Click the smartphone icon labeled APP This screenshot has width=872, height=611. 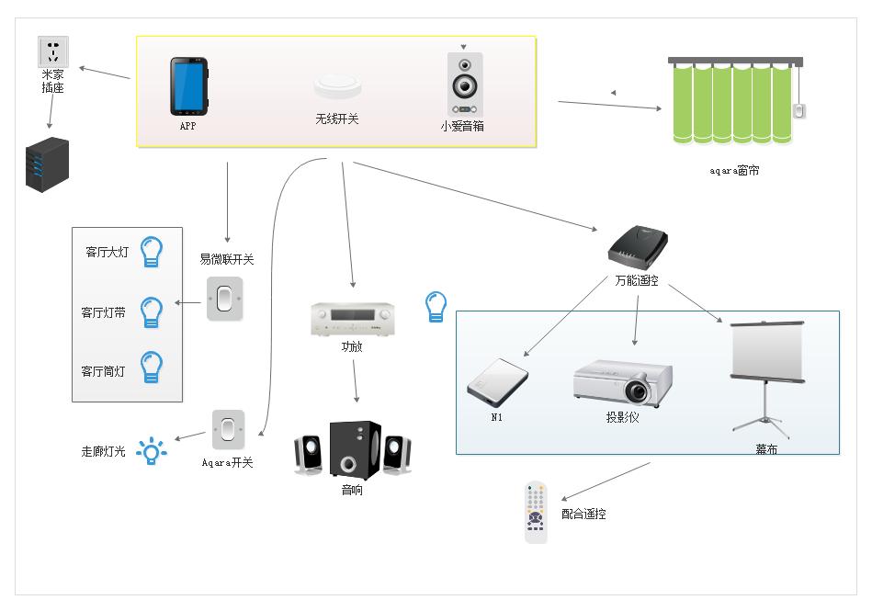pos(188,85)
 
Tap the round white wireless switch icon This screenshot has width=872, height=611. pos(336,85)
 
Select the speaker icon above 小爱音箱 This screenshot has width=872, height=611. pos(464,84)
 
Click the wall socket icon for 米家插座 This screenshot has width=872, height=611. pos(52,51)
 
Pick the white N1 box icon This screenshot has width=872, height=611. pos(497,381)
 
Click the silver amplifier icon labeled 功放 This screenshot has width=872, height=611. pos(350,321)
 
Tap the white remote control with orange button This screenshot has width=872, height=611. pos(536,512)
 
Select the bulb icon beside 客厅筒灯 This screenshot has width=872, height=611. pos(151,367)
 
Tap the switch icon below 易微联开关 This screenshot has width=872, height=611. pos(225,299)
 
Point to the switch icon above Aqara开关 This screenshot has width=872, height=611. pos(228,429)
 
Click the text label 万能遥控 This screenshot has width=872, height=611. pos(637,280)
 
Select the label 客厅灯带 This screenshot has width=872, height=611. pos(104,313)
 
